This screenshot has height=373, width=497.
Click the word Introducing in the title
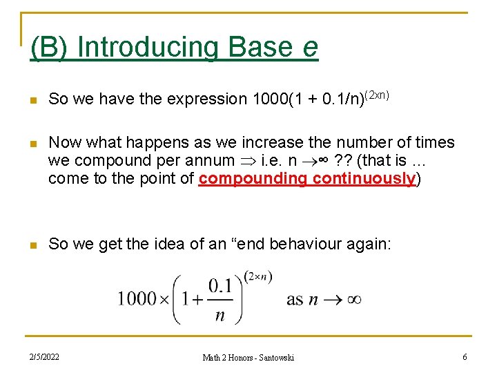click(x=148, y=47)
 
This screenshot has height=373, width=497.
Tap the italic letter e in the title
click(x=310, y=48)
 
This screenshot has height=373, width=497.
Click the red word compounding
click(x=253, y=179)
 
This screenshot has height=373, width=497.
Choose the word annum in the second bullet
click(x=211, y=161)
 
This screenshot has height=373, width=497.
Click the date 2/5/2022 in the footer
click(x=43, y=357)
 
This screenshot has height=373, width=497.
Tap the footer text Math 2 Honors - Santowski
click(x=248, y=357)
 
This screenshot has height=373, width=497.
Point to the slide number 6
click(x=465, y=357)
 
